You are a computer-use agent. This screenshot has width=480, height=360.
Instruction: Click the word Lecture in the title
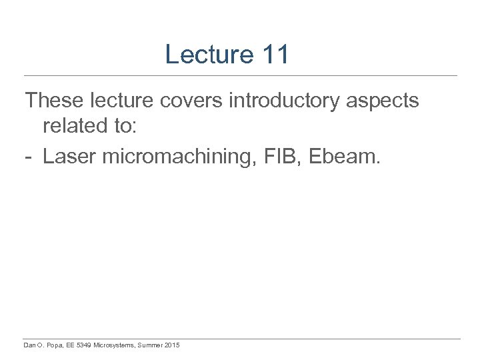tap(209, 55)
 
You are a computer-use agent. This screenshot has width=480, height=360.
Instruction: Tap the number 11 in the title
tap(275, 55)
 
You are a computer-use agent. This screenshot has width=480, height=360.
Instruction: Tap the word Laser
tap(69, 157)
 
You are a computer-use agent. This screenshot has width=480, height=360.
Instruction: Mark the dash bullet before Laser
tap(29, 158)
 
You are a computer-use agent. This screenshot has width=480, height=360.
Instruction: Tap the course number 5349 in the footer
tap(85, 345)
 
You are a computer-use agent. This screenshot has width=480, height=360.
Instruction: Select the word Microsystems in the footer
tap(115, 345)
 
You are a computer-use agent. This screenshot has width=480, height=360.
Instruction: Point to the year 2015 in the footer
tap(171, 345)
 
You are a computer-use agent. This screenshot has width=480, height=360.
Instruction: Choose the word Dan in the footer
tap(29, 345)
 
